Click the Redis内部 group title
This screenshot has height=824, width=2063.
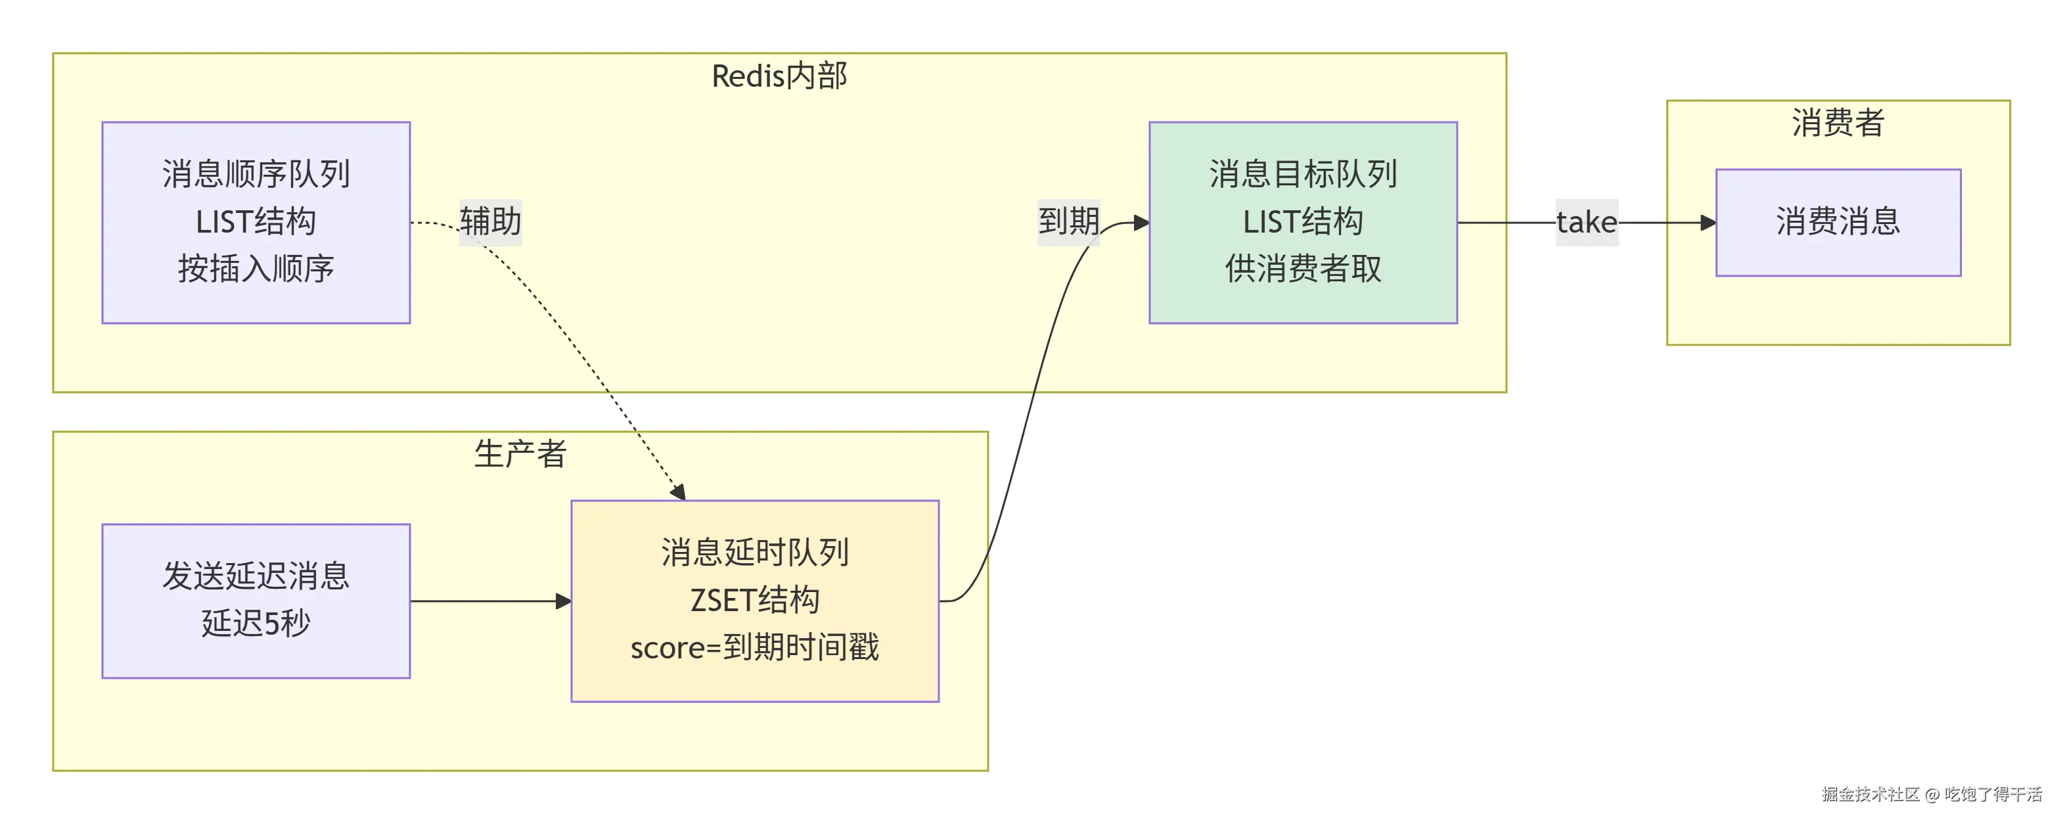point(779,76)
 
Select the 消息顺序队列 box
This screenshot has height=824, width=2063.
point(256,223)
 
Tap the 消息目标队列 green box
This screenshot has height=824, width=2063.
point(1303,223)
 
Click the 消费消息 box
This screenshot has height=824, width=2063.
point(1838,223)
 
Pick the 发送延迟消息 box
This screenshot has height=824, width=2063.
point(256,601)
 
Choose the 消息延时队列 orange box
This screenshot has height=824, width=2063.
point(755,601)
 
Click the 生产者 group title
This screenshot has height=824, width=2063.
point(520,454)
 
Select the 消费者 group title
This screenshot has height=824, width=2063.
point(1838,122)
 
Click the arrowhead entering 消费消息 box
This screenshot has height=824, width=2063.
point(1708,223)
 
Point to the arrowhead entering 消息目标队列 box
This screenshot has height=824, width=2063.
point(1141,223)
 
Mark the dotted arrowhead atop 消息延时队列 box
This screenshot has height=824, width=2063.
point(678,492)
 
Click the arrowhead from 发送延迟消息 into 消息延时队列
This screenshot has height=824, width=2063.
point(563,601)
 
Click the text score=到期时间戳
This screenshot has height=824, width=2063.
point(755,647)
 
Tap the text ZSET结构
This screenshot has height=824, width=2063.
point(755,600)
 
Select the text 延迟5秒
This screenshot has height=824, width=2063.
point(256,623)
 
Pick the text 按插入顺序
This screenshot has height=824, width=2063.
point(256,269)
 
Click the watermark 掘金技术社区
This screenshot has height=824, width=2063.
point(1870,794)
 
